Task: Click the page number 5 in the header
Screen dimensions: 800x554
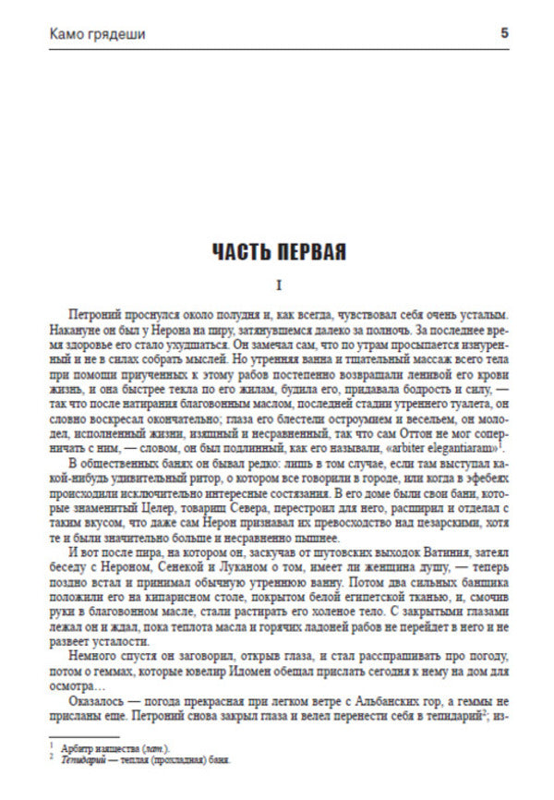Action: click(x=504, y=33)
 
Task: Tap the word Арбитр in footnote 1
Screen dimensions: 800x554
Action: click(x=76, y=745)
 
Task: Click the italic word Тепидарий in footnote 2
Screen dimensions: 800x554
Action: click(x=81, y=759)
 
